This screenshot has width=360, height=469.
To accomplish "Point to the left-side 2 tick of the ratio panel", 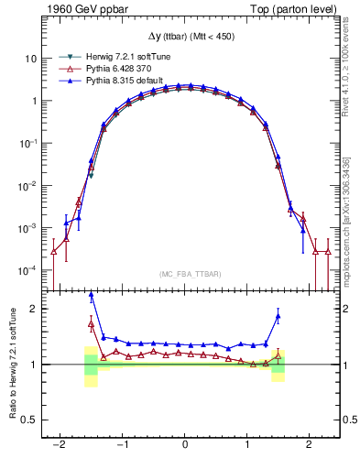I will click(35, 309).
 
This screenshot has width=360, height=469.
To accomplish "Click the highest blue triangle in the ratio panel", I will click(92, 295).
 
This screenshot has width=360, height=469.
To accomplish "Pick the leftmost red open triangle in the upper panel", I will click(53, 251).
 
